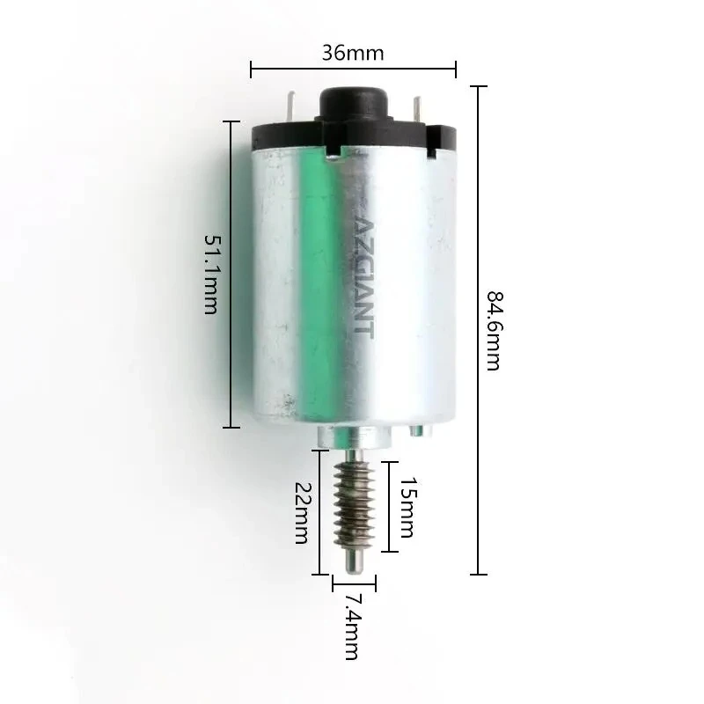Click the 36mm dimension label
(353, 54)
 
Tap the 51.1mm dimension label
(211, 274)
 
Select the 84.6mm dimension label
(495, 331)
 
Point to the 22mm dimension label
(301, 513)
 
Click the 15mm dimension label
(407, 507)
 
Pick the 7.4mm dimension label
(351, 627)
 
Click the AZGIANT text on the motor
(364, 278)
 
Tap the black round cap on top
(355, 102)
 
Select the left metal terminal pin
(291, 106)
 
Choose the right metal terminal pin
(417, 111)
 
